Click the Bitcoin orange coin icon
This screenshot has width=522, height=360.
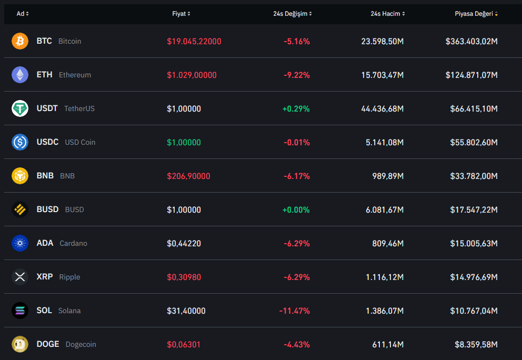coord(20,41)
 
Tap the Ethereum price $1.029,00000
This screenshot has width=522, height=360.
coord(192,75)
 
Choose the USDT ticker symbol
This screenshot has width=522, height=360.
coord(47,108)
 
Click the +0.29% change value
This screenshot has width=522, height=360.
coord(296,108)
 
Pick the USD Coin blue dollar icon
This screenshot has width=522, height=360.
coord(20,142)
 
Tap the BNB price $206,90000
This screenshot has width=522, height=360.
coord(188,176)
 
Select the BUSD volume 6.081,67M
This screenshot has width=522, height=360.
coord(385,209)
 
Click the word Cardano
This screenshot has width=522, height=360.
coord(73,243)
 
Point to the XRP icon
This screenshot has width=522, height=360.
coord(20,277)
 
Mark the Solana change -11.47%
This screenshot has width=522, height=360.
coord(294,311)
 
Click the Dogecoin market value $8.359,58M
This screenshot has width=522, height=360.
coord(476,344)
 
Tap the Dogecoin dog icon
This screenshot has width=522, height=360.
coord(20,344)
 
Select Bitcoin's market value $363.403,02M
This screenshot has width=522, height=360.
coord(471,41)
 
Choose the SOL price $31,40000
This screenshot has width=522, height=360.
coord(186,311)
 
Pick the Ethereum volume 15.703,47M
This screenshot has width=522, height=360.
coord(383,75)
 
